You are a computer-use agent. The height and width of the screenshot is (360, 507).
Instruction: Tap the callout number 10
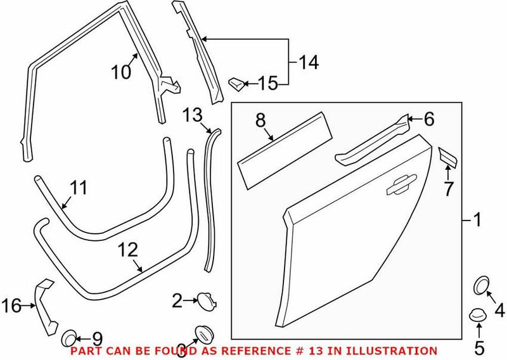(120, 72)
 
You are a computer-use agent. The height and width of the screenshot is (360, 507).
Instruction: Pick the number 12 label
(127, 250)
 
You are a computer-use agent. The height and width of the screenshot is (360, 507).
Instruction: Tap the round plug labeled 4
(483, 286)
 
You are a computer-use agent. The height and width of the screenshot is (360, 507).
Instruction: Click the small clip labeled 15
(235, 82)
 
